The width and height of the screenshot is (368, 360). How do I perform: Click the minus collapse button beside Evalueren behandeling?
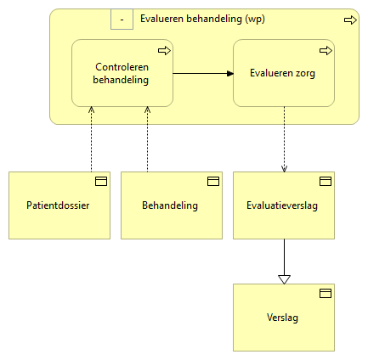click(122, 19)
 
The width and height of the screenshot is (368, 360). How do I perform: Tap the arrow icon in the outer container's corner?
click(348, 20)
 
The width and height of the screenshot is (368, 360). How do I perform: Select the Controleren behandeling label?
click(122, 74)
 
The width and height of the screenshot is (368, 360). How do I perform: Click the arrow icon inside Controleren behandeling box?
click(164, 51)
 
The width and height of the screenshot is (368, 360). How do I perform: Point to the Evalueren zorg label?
click(283, 74)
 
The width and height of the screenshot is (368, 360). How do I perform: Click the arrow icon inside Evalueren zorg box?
click(326, 51)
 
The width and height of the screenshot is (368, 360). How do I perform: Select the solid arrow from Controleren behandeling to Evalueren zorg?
click(203, 74)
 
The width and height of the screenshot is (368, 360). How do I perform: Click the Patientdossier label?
click(59, 205)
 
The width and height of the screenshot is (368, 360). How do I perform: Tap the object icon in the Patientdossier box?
click(99, 181)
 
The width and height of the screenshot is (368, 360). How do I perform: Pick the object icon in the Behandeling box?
click(212, 181)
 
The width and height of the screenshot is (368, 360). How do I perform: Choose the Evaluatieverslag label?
click(283, 205)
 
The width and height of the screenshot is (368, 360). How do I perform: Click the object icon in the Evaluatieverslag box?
click(324, 181)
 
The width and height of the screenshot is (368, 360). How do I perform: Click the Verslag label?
click(283, 318)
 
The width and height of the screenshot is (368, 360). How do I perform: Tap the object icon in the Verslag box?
click(324, 293)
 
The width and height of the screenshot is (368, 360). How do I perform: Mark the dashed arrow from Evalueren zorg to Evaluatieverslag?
click(283, 139)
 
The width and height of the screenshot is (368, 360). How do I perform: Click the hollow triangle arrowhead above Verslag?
click(284, 278)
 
